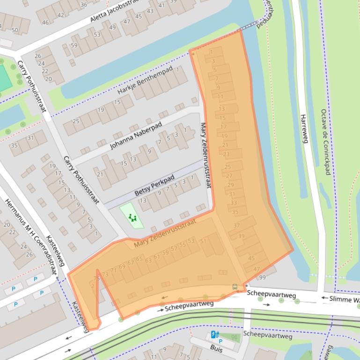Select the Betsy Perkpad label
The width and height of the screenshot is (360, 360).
click(154, 186)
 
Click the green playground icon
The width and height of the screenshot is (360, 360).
click(132, 217)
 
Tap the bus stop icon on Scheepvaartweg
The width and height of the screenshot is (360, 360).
click(235, 287)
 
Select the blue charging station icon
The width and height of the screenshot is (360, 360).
click(214, 334)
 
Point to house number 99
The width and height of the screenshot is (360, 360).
click(262, 278)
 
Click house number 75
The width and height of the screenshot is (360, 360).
click(97, 278)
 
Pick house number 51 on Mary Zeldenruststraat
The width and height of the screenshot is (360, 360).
click(203, 241)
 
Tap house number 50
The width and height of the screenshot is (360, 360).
click(15, 30)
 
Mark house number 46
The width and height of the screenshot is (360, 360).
click(45, 22)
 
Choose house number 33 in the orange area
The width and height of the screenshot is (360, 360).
click(233, 203)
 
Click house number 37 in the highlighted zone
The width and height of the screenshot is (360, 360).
click(236, 226)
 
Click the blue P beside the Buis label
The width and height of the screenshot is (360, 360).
click(221, 341)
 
